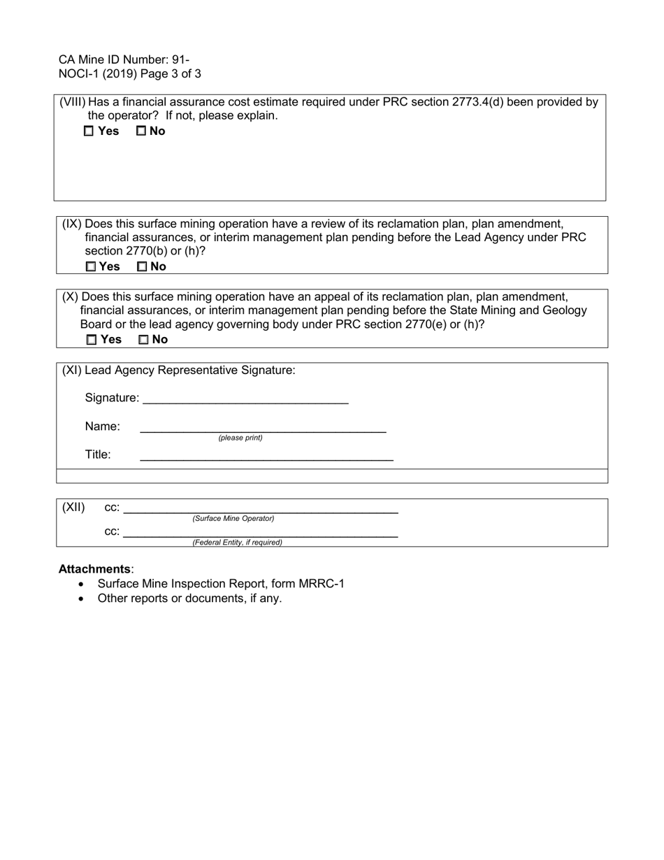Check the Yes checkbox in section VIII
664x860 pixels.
point(89,131)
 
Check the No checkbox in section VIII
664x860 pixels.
point(141,131)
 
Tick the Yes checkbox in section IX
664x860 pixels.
point(91,266)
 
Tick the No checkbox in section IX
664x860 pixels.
point(143,266)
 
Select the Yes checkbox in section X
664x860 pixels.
point(92,340)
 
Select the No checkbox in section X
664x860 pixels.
point(144,340)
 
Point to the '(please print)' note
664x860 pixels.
point(240,438)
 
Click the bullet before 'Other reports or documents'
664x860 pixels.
point(82,599)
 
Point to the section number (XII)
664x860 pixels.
point(73,508)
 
